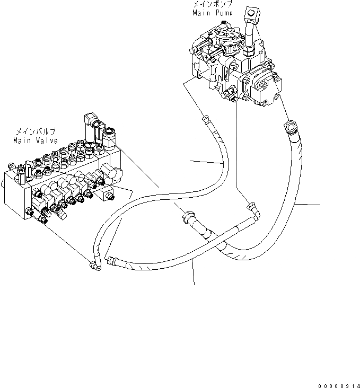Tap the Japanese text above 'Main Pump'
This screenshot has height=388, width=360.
212,4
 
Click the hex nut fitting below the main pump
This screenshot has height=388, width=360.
291,128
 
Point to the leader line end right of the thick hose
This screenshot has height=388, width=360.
320,204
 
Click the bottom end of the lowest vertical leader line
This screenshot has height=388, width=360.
194,285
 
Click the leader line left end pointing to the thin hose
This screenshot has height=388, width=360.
191,161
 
